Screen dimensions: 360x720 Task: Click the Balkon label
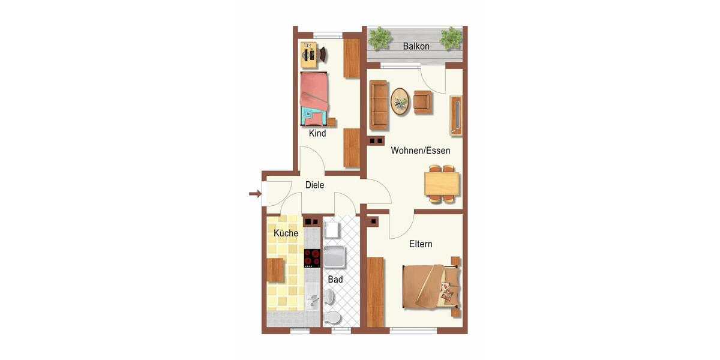click(x=416, y=46)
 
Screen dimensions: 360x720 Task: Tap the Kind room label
click(x=317, y=133)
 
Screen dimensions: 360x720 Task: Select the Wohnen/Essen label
click(x=420, y=151)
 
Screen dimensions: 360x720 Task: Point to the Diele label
click(x=314, y=185)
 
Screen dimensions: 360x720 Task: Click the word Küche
click(x=286, y=233)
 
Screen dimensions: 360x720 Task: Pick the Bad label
click(x=335, y=279)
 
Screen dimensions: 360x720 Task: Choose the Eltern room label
click(x=421, y=244)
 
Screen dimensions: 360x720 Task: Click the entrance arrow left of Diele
click(x=254, y=193)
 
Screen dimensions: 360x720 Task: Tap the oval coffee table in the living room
click(x=400, y=101)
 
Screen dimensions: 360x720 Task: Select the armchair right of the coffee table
click(x=422, y=102)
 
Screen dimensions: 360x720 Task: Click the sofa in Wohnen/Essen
click(x=379, y=105)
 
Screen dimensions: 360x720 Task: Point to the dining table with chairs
click(x=442, y=184)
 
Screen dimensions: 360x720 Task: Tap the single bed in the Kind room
click(x=314, y=97)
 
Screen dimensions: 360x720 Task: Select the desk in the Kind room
click(x=310, y=55)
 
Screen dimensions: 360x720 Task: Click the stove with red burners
click(x=312, y=258)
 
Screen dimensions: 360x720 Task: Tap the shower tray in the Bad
click(x=334, y=257)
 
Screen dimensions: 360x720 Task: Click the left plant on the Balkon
click(x=379, y=38)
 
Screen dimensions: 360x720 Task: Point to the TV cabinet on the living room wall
click(x=456, y=115)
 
